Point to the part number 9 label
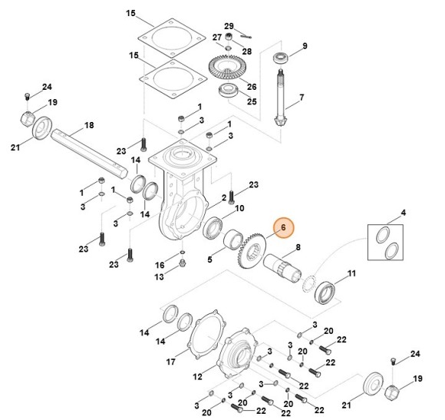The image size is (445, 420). click(304, 47)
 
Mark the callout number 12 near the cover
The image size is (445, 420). click(199, 377)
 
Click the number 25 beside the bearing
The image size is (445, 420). click(252, 101)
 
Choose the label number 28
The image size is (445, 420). click(246, 51)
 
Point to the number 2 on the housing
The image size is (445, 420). click(223, 198)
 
